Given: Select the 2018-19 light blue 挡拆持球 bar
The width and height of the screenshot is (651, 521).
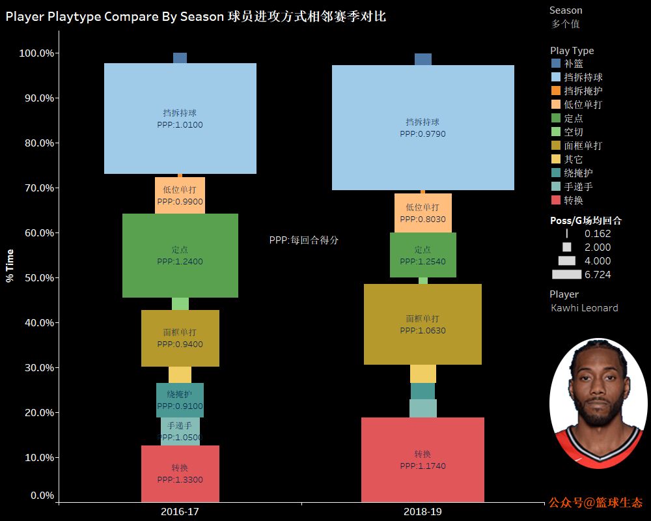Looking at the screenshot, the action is pos(422,98).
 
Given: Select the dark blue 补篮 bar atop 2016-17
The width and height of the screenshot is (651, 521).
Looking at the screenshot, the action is pos(180,58).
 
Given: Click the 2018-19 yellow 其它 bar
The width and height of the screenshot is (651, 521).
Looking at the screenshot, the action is pos(422,374).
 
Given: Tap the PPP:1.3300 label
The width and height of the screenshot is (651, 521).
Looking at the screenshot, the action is pos(180,480).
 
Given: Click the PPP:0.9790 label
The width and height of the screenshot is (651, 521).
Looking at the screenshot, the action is pos(422,134).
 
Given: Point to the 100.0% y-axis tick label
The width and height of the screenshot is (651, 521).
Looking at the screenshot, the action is pos(37,53).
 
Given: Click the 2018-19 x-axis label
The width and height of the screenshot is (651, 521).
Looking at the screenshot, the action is pos(422,512).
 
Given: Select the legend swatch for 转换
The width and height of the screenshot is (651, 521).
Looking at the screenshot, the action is pos(555,200).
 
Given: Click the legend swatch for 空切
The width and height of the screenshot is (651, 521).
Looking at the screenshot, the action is pos(555,132).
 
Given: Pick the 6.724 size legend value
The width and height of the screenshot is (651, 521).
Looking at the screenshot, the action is pos(598,275).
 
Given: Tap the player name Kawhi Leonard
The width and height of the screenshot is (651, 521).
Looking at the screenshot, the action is pos(584,308).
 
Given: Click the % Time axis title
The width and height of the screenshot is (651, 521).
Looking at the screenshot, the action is pos(10,265).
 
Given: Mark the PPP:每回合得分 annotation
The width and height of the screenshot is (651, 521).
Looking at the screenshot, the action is pos(304,240).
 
